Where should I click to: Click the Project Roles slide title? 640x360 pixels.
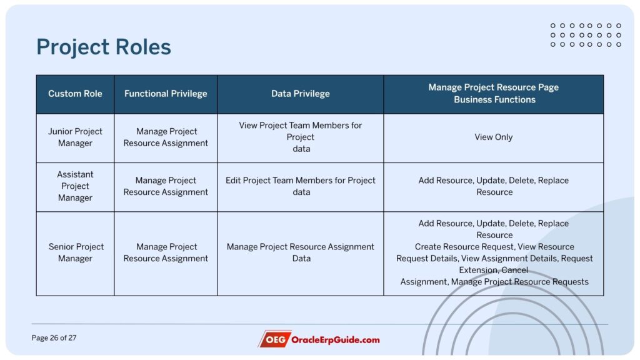(104, 46)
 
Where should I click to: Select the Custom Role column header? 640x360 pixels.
(75, 94)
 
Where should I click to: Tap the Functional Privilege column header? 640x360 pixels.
(166, 94)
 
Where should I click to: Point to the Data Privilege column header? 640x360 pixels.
(301, 94)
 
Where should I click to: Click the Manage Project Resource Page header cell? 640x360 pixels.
(494, 94)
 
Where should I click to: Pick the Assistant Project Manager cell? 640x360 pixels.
(75, 186)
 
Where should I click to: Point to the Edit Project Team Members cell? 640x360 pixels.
(301, 186)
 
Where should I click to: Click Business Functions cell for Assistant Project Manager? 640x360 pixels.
(494, 186)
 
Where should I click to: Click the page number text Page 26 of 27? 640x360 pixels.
(54, 338)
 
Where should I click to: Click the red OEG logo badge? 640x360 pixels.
(274, 339)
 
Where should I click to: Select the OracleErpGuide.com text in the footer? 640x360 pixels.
(335, 339)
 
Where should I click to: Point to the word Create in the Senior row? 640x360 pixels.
(427, 246)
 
